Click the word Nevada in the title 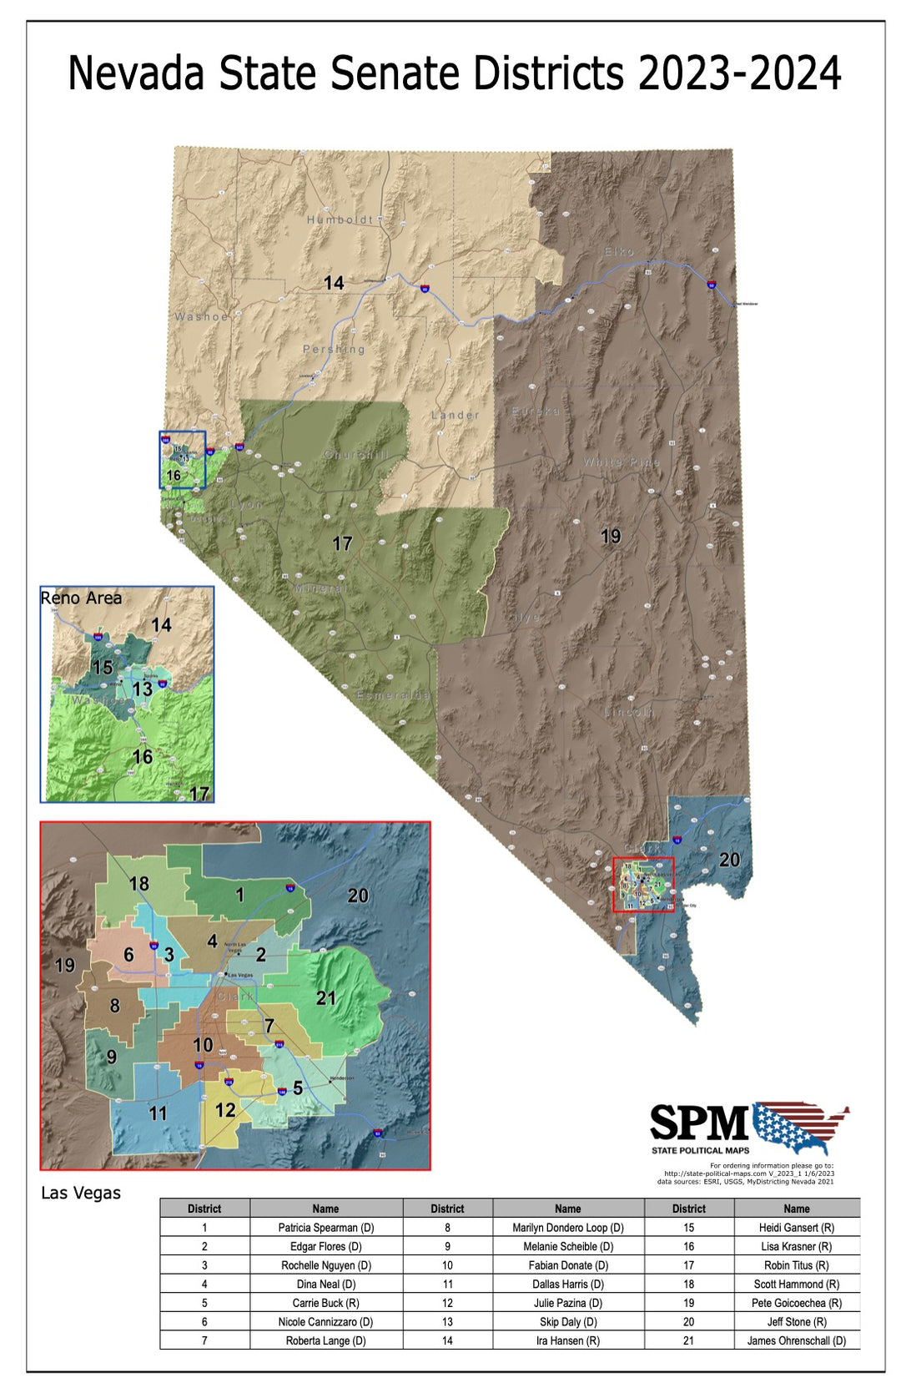pos(135,73)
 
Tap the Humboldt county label pos(340,220)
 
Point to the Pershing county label pos(334,349)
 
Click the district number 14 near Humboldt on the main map pos(334,284)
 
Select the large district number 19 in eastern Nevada pos(611,537)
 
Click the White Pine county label pos(622,462)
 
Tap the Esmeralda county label pos(394,695)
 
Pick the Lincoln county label pos(629,712)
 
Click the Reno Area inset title pos(82,598)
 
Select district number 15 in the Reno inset pos(103,668)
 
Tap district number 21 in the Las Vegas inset pos(326,998)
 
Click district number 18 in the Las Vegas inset pos(139,883)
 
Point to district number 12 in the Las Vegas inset pos(225,1110)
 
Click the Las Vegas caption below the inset pos(81,1193)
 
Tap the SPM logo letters pos(699,1123)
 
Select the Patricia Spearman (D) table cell pos(325,1228)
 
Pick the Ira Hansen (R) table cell pos(568,1340)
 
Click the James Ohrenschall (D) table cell pos(796,1340)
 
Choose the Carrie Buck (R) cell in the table pos(325,1303)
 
